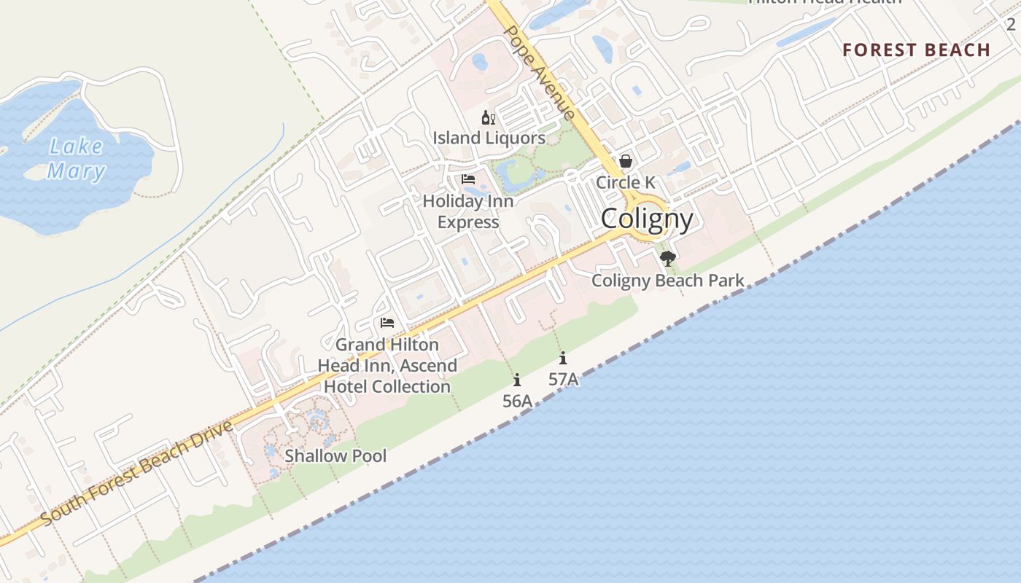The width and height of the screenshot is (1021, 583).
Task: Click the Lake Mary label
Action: (x=77, y=159)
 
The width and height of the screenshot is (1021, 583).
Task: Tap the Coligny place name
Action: (x=647, y=218)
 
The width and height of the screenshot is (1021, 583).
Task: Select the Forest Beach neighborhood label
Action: (x=916, y=50)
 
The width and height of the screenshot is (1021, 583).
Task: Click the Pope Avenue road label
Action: (x=540, y=73)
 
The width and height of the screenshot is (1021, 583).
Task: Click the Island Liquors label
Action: (x=489, y=138)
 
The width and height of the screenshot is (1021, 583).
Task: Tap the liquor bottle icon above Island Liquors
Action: (x=488, y=118)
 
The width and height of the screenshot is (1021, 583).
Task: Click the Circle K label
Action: (x=626, y=182)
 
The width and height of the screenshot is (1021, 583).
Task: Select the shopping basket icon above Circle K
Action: (x=626, y=161)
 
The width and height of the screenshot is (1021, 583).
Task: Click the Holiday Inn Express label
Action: (x=468, y=211)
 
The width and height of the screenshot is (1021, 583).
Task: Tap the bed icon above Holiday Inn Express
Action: (x=468, y=179)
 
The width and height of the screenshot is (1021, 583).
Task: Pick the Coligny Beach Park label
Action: (x=668, y=281)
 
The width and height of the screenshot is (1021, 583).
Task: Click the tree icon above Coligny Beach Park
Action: (x=667, y=258)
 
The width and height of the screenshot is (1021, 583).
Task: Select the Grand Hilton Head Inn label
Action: (x=387, y=365)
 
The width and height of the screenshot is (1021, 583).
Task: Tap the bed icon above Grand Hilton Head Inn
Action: (x=387, y=323)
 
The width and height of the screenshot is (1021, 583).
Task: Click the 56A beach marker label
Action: (x=517, y=401)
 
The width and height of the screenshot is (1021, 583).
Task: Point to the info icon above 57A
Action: (x=563, y=358)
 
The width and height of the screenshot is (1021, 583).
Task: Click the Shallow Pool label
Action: (x=335, y=456)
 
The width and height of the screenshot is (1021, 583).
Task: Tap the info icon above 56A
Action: (x=517, y=380)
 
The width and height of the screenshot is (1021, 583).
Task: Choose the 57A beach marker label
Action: (x=563, y=379)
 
